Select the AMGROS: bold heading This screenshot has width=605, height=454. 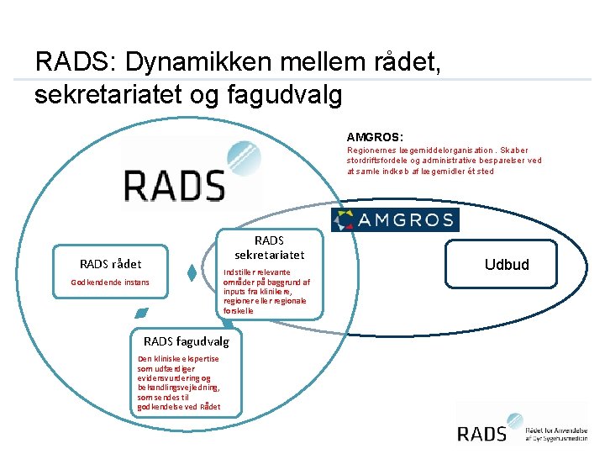click(x=375, y=136)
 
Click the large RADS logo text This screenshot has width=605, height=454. click(x=175, y=184)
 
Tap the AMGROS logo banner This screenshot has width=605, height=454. click(x=396, y=220)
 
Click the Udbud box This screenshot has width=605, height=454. click(x=507, y=265)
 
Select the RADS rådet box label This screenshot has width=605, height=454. click(x=110, y=264)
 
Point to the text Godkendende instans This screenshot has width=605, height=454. click(x=110, y=282)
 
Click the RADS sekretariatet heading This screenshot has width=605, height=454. click(x=269, y=247)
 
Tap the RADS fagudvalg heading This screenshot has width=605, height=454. click(x=187, y=341)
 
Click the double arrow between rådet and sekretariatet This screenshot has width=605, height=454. click(x=192, y=273)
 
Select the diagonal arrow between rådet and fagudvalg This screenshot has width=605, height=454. click(x=140, y=313)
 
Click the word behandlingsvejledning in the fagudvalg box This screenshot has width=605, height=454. click(x=177, y=388)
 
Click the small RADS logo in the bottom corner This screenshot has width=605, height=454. click(x=482, y=432)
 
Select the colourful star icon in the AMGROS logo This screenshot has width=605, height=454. click(x=345, y=220)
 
